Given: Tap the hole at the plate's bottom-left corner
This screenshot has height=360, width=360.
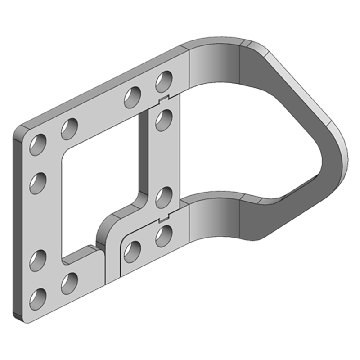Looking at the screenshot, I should point(38,298).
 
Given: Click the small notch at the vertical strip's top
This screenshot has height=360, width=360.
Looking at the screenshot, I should point(164,98).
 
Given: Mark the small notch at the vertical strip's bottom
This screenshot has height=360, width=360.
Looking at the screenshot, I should point(164,219).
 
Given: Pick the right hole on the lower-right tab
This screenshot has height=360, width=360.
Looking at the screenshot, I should point(164,235).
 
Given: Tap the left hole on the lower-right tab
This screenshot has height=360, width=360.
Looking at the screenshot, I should point(132,251).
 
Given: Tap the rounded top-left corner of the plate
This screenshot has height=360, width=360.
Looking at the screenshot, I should point(20,130).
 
